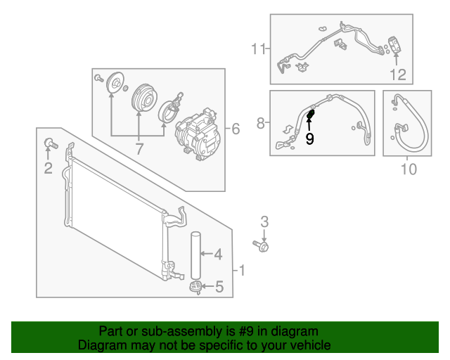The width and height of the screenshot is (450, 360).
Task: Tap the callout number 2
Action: (x=48, y=167)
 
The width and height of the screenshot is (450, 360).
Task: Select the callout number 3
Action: (x=265, y=221)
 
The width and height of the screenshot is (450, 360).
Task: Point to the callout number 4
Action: (x=218, y=254)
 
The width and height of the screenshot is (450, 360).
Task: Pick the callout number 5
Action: (x=219, y=286)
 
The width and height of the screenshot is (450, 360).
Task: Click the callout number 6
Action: (x=235, y=129)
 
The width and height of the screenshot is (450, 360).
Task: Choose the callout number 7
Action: (x=139, y=148)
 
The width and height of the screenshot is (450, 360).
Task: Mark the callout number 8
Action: (x=261, y=124)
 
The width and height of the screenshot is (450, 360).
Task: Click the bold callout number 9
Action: (x=309, y=139)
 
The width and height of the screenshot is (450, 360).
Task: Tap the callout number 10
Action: (x=409, y=169)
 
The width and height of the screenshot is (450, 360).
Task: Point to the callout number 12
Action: (x=398, y=74)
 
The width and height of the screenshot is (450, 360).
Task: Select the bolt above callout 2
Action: (x=49, y=143)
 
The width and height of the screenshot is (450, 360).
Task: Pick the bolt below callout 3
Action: (x=263, y=245)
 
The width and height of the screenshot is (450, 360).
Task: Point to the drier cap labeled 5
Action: (x=195, y=285)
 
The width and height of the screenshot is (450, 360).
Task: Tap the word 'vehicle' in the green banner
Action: (x=309, y=345)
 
